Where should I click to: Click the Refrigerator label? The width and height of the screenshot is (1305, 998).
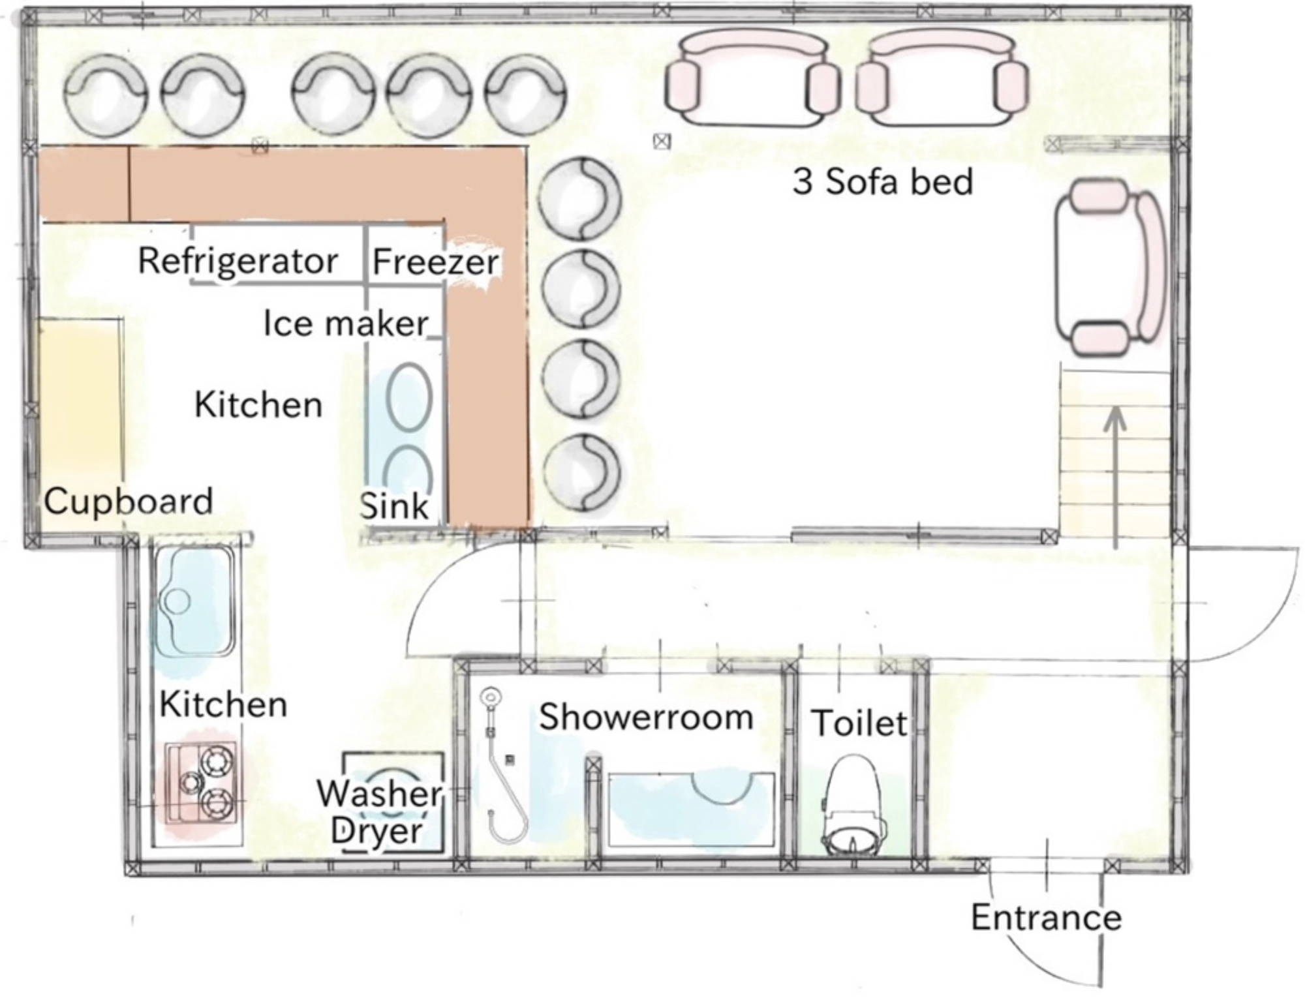click(238, 262)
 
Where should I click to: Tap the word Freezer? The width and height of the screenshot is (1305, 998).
click(435, 262)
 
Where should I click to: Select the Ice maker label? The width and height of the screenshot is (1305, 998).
click(346, 323)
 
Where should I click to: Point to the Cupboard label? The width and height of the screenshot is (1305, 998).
click(129, 502)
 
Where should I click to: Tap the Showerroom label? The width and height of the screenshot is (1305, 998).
click(646, 717)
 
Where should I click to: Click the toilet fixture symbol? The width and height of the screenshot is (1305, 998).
click(853, 806)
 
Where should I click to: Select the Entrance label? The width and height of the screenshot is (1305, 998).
click(1046, 917)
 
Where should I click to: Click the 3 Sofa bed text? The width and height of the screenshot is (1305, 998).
click(883, 181)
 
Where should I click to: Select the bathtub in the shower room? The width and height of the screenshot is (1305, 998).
click(692, 809)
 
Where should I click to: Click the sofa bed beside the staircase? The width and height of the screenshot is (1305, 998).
click(1110, 267)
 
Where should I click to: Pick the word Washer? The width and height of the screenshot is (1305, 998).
click(379, 794)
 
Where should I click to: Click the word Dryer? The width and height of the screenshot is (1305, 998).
click(377, 830)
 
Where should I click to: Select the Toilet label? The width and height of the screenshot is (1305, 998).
click(859, 723)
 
